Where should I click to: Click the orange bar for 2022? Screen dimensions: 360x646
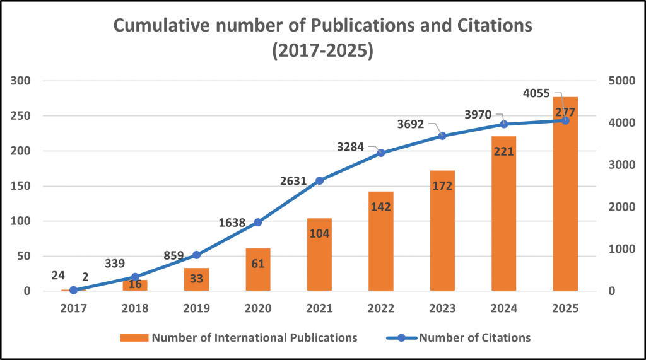380,252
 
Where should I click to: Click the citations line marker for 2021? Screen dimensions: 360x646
319,180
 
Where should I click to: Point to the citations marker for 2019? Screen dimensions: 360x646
196,255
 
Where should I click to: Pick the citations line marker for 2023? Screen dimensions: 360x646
442,136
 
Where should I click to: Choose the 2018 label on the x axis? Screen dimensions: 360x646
134,308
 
